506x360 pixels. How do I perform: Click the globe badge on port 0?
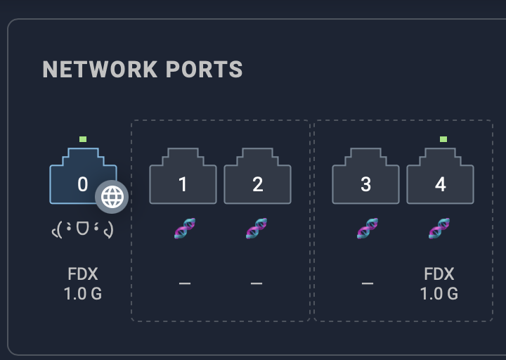pyautogui.click(x=112, y=197)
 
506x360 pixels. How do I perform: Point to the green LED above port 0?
pyautogui.click(x=83, y=139)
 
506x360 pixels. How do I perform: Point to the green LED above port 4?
pyautogui.click(x=443, y=139)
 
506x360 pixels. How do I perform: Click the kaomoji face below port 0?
pyautogui.click(x=83, y=229)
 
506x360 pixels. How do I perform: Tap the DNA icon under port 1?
pyautogui.click(x=184, y=229)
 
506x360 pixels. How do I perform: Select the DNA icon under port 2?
pyautogui.click(x=256, y=229)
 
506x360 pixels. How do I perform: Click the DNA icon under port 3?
pyautogui.click(x=367, y=229)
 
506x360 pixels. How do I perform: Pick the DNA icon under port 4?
pyautogui.click(x=439, y=229)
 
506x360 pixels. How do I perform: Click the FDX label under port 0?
pyautogui.click(x=83, y=274)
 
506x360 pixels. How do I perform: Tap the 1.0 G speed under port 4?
pyautogui.click(x=439, y=293)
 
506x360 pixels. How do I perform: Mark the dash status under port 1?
pyautogui.click(x=184, y=283)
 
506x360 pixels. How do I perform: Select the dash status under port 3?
pyautogui.click(x=367, y=283)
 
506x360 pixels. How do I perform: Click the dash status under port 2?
pyautogui.click(x=256, y=283)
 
